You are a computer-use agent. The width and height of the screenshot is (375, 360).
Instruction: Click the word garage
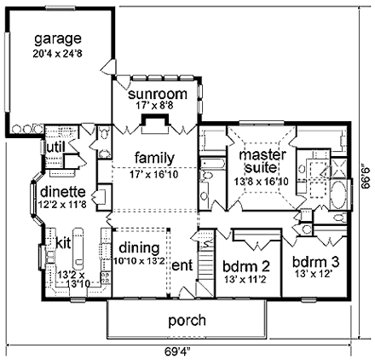pyautogui.click(x=58, y=39)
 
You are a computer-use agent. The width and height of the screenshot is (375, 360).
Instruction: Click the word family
pyautogui.click(x=154, y=158)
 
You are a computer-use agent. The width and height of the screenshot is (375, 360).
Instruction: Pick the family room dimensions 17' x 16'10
pyautogui.click(x=154, y=174)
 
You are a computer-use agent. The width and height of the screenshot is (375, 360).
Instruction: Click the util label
pyautogui.click(x=55, y=148)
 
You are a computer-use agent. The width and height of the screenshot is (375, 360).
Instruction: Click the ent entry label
pyautogui.click(x=182, y=266)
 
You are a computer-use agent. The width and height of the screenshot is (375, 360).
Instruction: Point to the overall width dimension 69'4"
pyautogui.click(x=178, y=349)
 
